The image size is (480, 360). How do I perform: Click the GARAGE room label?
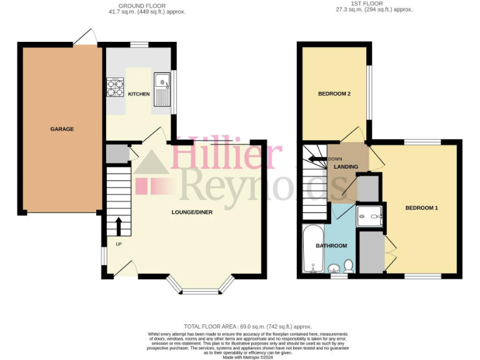pos(62,129)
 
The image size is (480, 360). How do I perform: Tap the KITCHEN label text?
pos(139,94)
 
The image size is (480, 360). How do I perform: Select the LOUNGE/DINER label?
pos(192,212)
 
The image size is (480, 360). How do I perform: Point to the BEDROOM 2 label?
pos(334,94)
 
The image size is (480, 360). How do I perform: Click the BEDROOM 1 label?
pos(421,207)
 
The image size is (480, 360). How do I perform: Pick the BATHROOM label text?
pos(331,246)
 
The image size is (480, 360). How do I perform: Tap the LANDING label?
pos(346,167)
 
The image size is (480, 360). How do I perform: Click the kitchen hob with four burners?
pos(116,88)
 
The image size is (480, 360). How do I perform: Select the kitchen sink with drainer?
pos(162,88)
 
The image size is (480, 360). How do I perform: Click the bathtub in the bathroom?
pos(311,250)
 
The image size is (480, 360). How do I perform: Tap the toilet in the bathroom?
pos(349,266)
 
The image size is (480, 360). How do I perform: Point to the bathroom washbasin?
pos(334,269)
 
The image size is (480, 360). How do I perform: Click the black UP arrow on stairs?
pos(119,226)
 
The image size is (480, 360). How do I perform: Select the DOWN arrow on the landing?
pos(319,159)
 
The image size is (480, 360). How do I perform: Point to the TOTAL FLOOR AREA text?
pos(247,326)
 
